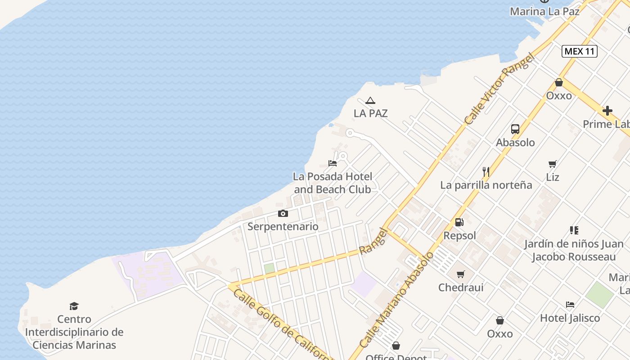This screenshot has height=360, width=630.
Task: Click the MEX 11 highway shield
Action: coord(580,51)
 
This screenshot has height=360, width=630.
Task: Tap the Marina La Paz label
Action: coord(544,11)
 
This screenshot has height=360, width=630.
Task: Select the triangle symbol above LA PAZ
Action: coord(370,100)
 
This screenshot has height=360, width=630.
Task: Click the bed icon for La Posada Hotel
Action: coord(333,163)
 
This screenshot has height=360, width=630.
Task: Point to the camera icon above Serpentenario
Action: coord(283,213)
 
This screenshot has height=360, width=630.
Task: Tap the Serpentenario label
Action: coord(283,226)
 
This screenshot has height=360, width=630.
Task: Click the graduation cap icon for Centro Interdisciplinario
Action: coord(74,306)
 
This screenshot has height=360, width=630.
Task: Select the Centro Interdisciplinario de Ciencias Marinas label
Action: coord(74,332)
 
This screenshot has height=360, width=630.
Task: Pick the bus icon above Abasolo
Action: coord(515,129)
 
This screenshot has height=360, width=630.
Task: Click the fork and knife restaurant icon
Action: coord(486,171)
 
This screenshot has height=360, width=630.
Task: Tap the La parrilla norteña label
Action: coord(486,185)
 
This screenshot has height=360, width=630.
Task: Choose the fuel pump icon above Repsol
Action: coord(459,222)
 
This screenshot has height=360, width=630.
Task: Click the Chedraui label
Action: coord(461,287)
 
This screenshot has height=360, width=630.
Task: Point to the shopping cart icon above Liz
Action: coord(553,164)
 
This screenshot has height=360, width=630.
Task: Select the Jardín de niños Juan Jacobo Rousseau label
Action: coord(574,251)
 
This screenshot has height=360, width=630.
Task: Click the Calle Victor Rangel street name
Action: coord(499,90)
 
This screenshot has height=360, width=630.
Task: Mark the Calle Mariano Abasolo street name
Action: coord(396,300)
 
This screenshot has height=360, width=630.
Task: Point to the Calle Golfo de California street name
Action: coord(281,324)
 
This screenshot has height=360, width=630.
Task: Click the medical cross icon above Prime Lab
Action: coord(607,111)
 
